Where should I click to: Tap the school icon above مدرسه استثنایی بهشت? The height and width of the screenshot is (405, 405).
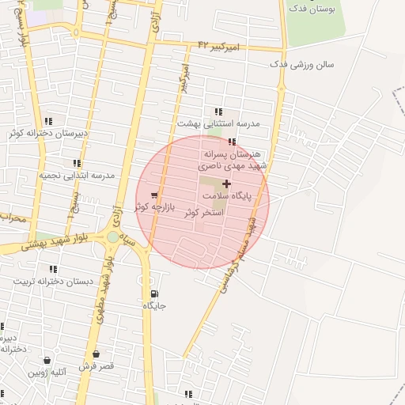[218, 112]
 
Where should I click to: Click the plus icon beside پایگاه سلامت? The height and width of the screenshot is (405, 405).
[226, 183]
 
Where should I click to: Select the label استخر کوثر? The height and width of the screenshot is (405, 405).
[204, 214]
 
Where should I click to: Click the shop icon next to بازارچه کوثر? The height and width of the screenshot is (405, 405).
[153, 195]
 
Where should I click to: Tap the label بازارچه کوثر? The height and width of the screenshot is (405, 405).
[153, 206]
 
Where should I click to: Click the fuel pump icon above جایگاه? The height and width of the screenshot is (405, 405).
[153, 293]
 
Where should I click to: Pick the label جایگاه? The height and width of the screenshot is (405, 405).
[153, 305]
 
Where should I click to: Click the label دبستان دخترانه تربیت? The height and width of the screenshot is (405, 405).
[52, 282]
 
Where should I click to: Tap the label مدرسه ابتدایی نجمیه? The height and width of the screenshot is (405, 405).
[77, 175]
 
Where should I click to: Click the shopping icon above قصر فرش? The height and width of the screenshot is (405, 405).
[96, 354]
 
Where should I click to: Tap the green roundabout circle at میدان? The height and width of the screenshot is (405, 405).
[113, 237]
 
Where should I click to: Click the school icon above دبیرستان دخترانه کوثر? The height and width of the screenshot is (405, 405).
[48, 122]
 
